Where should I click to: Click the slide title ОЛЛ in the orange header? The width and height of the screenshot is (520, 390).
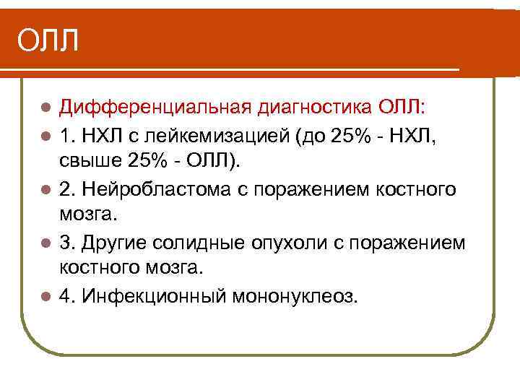[x=47, y=40]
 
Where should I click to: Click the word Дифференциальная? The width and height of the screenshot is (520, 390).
[x=155, y=108]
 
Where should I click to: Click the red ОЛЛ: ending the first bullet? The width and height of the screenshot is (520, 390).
[x=403, y=108]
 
